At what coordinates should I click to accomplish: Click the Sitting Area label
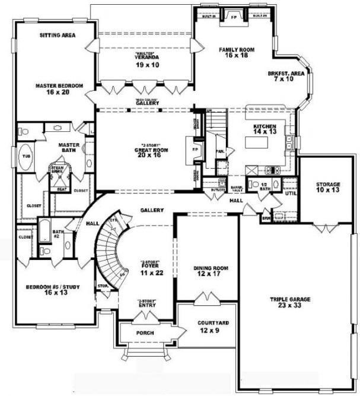click(x=58, y=36)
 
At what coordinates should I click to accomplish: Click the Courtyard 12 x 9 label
click(x=208, y=327)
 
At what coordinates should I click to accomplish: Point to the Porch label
click(x=145, y=333)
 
